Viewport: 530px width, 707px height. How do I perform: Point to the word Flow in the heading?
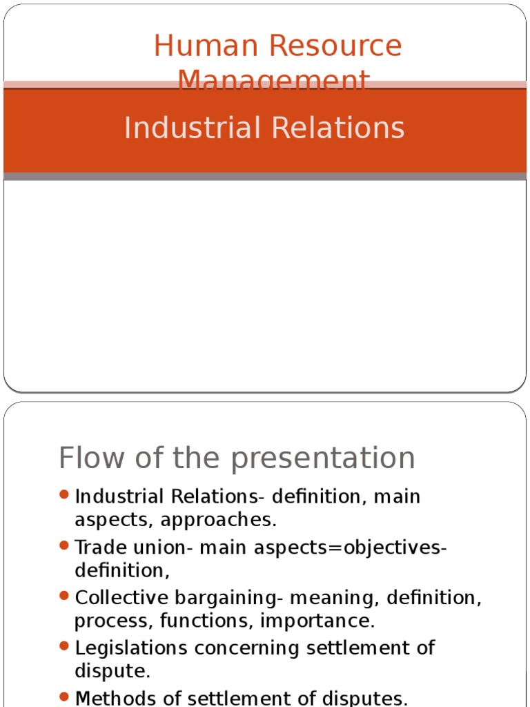pyautogui.click(x=86, y=458)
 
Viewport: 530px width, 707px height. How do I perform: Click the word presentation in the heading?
pyautogui.click(x=331, y=459)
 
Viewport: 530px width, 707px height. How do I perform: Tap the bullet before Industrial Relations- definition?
pyautogui.click(x=64, y=495)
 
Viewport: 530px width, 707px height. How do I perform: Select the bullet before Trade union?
pyautogui.click(x=64, y=545)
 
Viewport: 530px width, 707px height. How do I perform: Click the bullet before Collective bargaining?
pyautogui.click(x=64, y=595)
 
